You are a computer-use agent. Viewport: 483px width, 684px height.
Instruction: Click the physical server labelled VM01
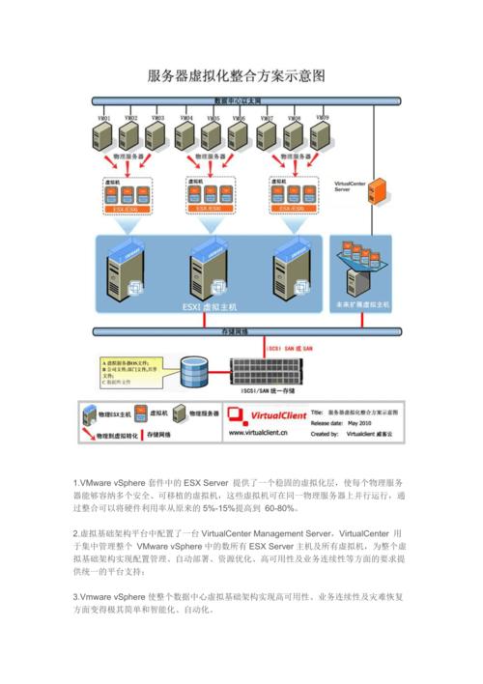point(104,132)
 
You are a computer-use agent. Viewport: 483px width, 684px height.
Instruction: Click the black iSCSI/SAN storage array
point(280,371)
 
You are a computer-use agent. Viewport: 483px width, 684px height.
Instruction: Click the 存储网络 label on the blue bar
point(236,330)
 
